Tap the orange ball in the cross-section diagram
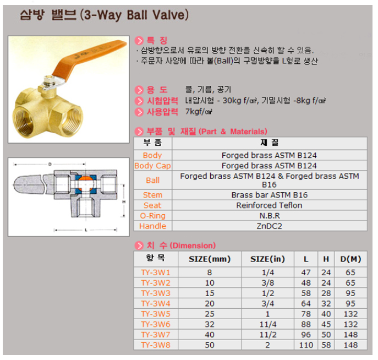tap(86, 183)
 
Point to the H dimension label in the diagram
tap(124, 201)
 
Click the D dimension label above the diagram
tap(50, 164)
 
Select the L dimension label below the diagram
tap(86, 230)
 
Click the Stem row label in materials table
tap(152, 195)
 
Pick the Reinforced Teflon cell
tap(269, 205)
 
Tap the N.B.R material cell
tap(270, 216)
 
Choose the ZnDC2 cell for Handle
tap(269, 226)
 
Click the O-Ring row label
tap(152, 216)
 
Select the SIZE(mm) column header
tap(210, 259)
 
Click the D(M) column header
tap(350, 259)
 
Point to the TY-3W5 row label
tap(156, 314)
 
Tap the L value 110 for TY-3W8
tap(306, 345)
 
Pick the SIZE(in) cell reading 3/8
tap(267, 282)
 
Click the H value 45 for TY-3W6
tap(326, 324)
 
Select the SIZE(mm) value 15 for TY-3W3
tap(210, 293)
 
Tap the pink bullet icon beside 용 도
tap(139, 90)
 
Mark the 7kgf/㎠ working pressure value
tap(199, 111)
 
